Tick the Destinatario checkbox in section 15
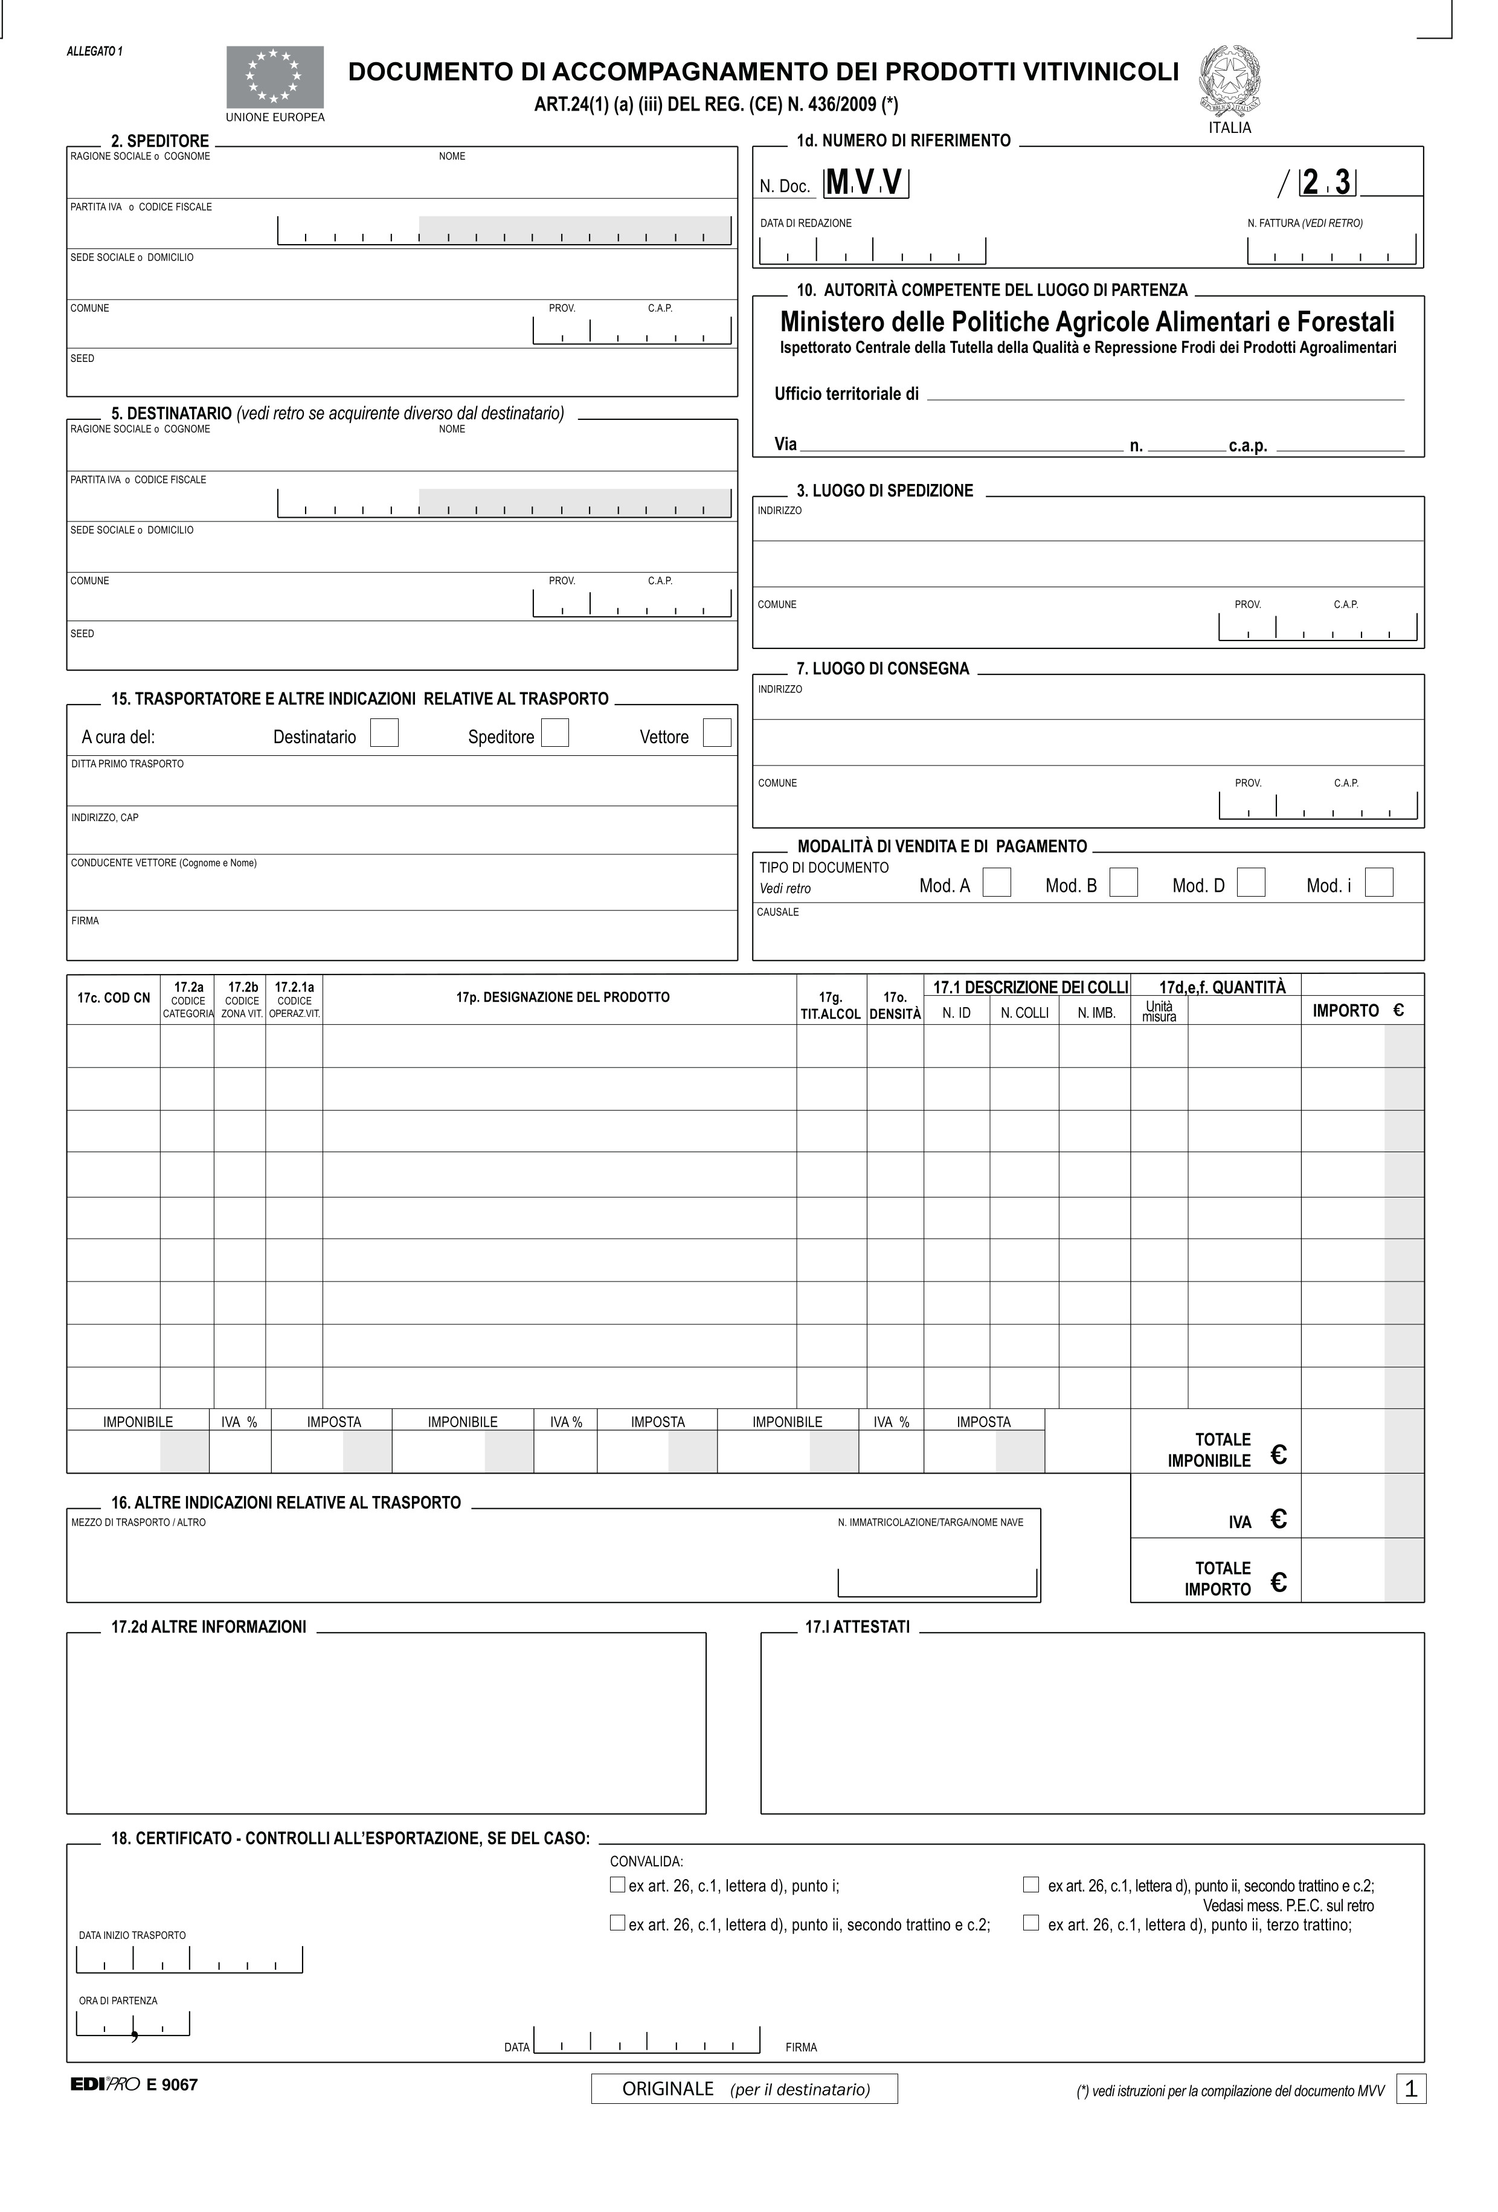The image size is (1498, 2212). click(384, 733)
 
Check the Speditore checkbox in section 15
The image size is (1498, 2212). click(555, 733)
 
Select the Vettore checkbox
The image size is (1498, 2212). click(716, 733)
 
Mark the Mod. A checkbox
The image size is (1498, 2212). click(997, 882)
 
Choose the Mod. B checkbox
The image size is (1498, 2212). click(1124, 882)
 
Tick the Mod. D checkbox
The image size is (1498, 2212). click(1250, 882)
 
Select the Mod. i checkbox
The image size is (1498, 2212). click(1378, 882)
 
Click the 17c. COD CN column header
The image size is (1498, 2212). click(113, 998)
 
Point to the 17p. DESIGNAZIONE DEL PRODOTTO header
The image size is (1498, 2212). click(562, 998)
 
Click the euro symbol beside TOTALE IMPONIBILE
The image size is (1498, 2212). click(1278, 1454)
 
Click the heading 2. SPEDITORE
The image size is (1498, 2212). click(160, 141)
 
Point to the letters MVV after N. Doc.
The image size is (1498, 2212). click(865, 182)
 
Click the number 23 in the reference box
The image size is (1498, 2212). click(1326, 182)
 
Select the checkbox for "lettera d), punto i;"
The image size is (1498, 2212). click(617, 1885)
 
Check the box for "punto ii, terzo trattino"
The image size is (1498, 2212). click(1030, 1923)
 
